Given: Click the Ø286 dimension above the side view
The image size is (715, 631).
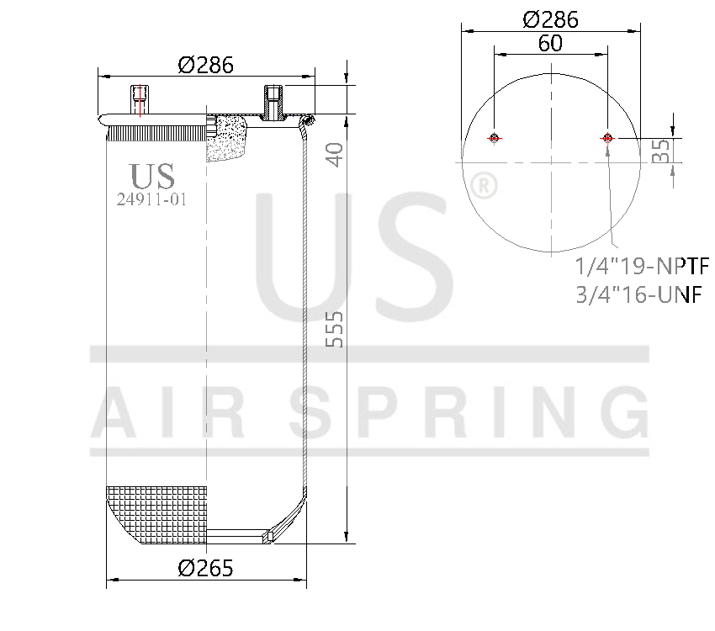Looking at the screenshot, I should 205,65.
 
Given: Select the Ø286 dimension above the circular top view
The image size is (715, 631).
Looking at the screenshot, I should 550,19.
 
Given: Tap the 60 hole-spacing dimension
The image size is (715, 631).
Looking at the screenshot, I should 550,44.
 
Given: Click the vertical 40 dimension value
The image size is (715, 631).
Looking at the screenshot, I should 335,155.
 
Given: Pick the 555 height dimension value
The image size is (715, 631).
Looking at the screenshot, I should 335,331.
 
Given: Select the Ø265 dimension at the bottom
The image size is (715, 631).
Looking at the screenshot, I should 205,568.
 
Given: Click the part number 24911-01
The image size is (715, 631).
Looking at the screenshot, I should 151,199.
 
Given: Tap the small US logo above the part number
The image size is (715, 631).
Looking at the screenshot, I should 152,176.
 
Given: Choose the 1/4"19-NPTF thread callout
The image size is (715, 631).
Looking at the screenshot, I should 642,267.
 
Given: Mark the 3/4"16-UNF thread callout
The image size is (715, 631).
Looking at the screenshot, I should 638,294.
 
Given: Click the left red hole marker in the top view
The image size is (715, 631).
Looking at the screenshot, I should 495,139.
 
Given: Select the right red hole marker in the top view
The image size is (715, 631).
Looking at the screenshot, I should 607,139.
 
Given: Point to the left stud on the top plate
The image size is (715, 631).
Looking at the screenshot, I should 139,100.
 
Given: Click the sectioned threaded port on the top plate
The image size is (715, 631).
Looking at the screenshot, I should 273,103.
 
